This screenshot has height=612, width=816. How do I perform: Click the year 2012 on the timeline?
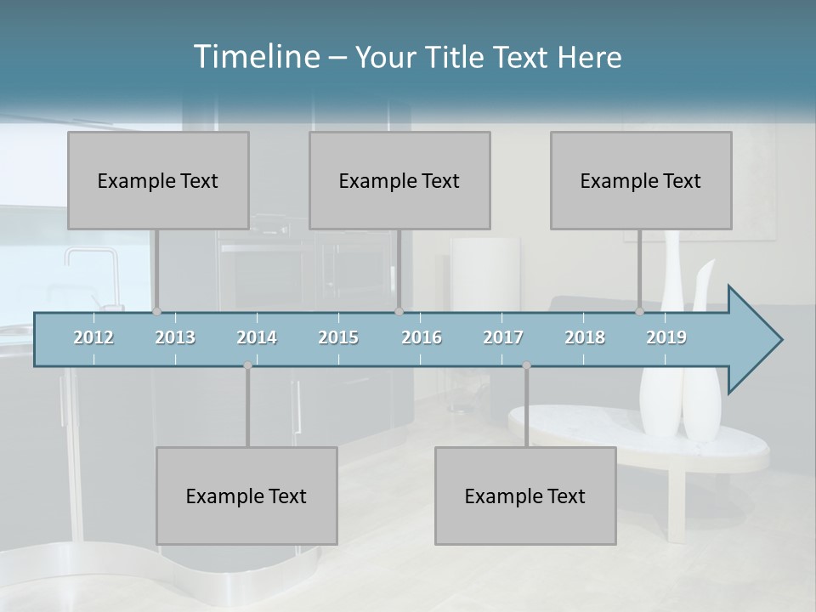pos(93,337)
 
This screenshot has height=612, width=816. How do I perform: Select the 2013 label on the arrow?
pos(175,337)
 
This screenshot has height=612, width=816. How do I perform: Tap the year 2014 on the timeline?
pos(257,337)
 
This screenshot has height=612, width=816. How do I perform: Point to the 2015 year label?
pos(338,337)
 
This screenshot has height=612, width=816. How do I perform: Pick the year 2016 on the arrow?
pos(422,337)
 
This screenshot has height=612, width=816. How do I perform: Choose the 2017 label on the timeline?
pos(503,337)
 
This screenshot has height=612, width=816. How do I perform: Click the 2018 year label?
pos(585,337)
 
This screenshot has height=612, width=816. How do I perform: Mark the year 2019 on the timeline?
pos(666,337)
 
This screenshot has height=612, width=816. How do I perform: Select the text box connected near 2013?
pos(158,180)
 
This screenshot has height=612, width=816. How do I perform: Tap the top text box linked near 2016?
pos(399,180)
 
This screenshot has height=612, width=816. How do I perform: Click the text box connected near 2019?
pos(641,180)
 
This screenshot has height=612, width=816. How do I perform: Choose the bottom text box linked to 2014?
pos(246,496)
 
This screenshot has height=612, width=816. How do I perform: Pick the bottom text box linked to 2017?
pos(525,496)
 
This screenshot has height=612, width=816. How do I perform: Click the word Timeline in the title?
pos(255,57)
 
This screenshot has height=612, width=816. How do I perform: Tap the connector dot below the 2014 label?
pos(247,365)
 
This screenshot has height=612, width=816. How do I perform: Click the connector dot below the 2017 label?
pos(526,365)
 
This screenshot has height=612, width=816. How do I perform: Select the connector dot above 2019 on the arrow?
pos(639,312)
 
